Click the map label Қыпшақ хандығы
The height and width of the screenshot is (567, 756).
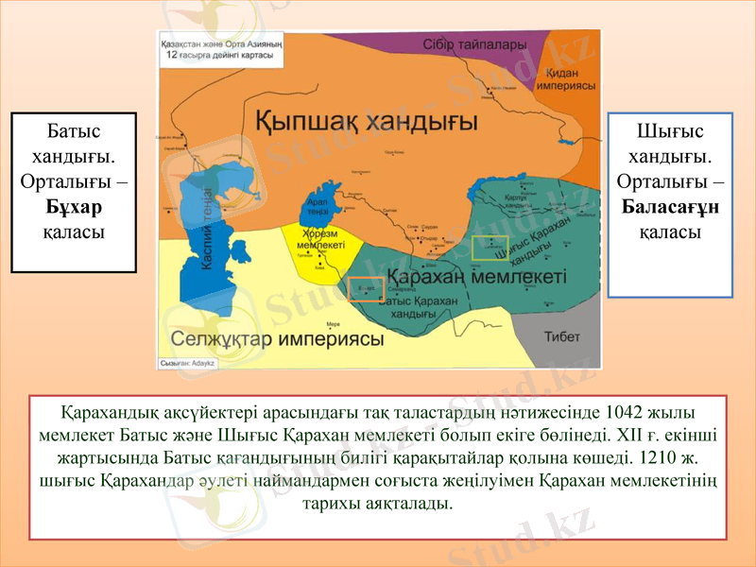[367, 121]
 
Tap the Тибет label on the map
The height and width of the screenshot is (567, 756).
[561, 336]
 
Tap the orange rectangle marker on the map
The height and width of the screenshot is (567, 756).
[366, 289]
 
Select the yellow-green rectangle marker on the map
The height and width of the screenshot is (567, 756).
[490, 248]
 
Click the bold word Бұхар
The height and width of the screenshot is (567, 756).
[74, 206]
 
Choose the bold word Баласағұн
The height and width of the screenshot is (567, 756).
[670, 206]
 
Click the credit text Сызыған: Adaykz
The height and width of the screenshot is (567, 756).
[189, 362]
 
